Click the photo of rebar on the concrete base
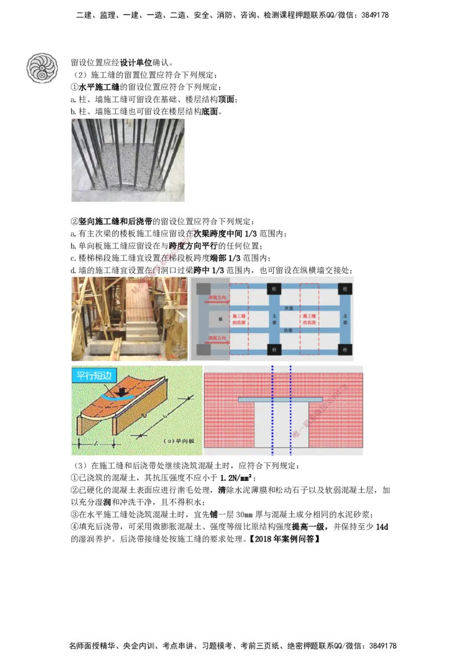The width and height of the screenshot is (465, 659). point(127,160)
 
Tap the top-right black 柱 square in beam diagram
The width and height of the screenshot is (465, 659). point(345,289)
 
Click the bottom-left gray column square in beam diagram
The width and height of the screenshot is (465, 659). point(202,349)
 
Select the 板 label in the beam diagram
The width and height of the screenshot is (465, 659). point(220,319)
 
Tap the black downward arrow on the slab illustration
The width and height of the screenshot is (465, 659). point(120,392)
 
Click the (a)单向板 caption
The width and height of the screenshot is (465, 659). point(179,441)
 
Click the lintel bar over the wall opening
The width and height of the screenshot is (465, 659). point(281,400)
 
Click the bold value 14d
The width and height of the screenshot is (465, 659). point(381,527)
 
